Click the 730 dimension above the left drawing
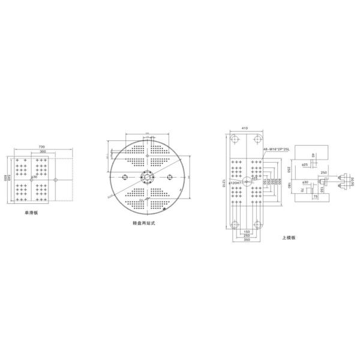(x=42, y=146)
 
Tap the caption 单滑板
(x=31, y=212)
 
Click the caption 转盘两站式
(x=144, y=222)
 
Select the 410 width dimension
(x=245, y=128)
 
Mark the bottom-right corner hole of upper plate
(x=257, y=224)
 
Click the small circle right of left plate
(x=55, y=179)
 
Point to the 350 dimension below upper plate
(x=246, y=239)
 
